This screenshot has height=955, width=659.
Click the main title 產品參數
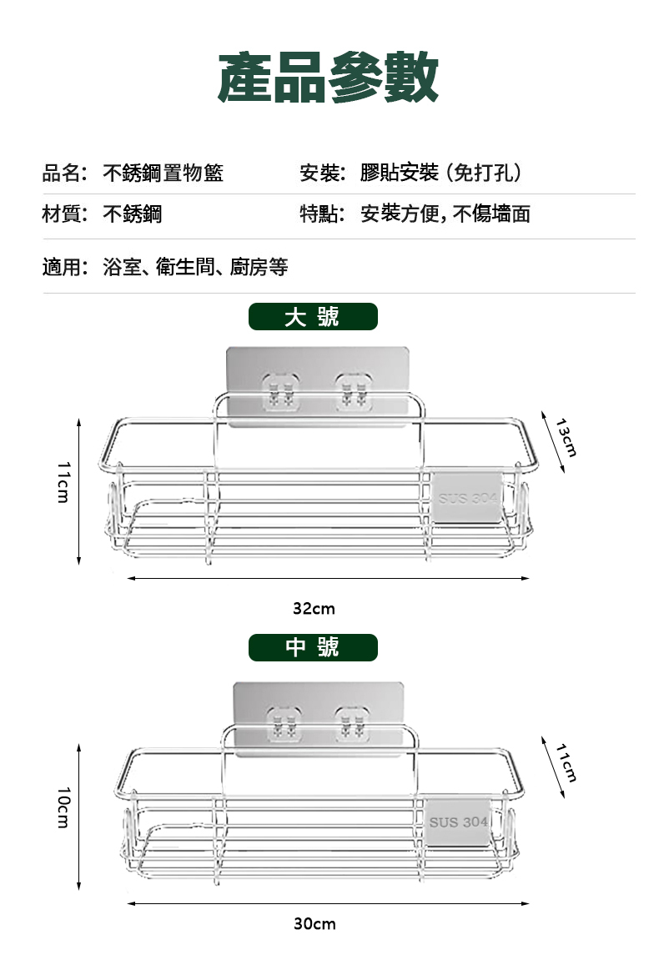pyautogui.click(x=328, y=78)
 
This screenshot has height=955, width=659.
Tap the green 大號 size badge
pyautogui.click(x=313, y=317)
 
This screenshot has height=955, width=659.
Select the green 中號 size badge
pyautogui.click(x=313, y=647)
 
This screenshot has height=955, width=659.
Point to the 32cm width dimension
pyautogui.click(x=314, y=609)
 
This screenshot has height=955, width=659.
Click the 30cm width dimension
pyautogui.click(x=314, y=923)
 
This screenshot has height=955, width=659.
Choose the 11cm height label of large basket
pyautogui.click(x=63, y=481)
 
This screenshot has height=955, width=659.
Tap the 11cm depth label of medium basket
pyautogui.click(x=566, y=762)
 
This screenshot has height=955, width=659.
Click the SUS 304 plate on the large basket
pyautogui.click(x=468, y=499)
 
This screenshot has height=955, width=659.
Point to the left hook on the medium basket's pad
pyautogui.click(x=282, y=722)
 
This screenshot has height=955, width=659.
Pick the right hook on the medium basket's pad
pyautogui.click(x=350, y=722)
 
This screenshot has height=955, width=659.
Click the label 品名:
pyautogui.click(x=65, y=173)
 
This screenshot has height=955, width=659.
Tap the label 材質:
pyautogui.click(x=65, y=214)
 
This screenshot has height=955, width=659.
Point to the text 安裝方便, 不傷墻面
pyautogui.click(x=445, y=214)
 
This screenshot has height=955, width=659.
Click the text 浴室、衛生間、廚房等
pyautogui.click(x=195, y=267)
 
